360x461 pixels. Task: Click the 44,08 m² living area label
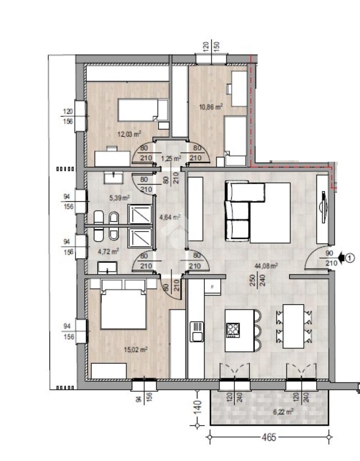coord(266,266)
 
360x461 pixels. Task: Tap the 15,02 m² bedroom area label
coord(135,350)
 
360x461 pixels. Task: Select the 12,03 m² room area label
coord(129,134)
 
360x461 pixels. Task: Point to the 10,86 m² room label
coord(211,106)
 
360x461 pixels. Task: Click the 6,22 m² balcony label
coord(283,412)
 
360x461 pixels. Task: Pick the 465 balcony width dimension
coord(269,437)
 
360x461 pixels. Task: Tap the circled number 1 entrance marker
coord(350,258)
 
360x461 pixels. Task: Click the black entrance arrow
coord(341,258)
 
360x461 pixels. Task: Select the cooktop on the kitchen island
coord(233,330)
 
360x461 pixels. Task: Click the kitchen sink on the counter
coord(197,332)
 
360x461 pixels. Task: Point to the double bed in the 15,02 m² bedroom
coord(123,304)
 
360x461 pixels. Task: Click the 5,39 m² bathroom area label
coord(120,198)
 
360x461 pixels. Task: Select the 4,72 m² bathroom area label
coord(108,252)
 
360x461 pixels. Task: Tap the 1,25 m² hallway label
coord(171,159)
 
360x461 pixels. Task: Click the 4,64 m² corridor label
coord(169,218)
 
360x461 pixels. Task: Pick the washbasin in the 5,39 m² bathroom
coord(114,178)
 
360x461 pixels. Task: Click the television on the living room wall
coord(323,207)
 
